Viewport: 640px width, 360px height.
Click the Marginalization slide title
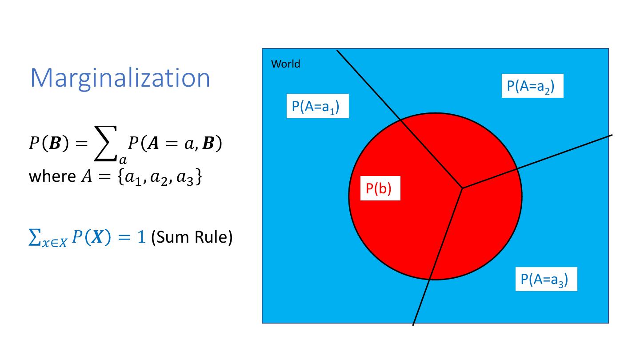(120, 78)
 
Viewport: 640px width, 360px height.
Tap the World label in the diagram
(285, 64)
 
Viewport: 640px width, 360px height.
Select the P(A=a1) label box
(317, 106)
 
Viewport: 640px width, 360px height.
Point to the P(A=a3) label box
(546, 279)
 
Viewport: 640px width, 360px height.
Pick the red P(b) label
(379, 189)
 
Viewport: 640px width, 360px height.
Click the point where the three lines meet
(463, 188)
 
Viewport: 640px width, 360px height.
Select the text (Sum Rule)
(192, 238)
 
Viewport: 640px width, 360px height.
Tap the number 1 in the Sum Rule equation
(141, 238)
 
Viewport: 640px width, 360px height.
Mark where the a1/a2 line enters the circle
(401, 119)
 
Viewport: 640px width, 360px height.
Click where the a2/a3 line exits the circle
(517, 168)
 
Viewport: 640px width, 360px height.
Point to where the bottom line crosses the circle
(430, 279)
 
